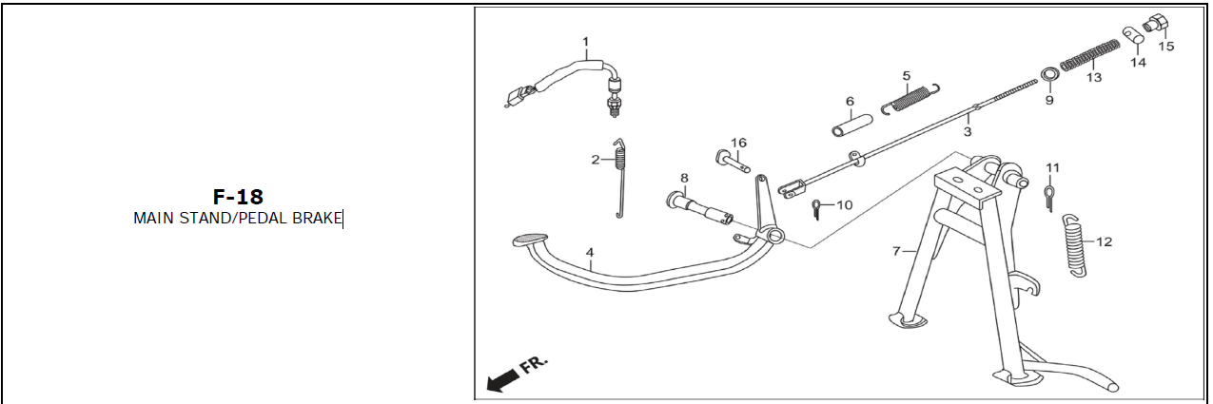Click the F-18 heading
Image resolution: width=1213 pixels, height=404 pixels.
pos(238,197)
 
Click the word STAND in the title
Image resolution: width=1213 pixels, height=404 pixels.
pos(206,219)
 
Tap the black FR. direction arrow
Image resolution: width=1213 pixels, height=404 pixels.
pos(502,381)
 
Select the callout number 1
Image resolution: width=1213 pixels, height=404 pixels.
pos(585,42)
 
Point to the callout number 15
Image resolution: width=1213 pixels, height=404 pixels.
pos(1165,47)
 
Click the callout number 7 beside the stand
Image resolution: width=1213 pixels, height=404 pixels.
pos(896,251)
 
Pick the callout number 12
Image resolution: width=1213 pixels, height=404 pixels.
pos(1104,241)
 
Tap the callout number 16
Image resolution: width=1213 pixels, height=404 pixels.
pos(738,143)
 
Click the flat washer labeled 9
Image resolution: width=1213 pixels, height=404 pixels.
pos(1049,74)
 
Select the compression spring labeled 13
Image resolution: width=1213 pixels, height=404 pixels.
pos(1089,55)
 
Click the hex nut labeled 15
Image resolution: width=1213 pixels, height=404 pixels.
pos(1156,24)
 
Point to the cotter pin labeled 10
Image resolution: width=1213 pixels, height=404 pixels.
pos(816,209)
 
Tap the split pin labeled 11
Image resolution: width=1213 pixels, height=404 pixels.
pos(1049,198)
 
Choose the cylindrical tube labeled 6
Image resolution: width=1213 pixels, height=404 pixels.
pos(851,125)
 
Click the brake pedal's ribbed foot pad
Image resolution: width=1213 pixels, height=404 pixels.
pos(530,239)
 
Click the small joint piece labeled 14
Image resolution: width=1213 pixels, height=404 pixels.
pos(1133,37)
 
